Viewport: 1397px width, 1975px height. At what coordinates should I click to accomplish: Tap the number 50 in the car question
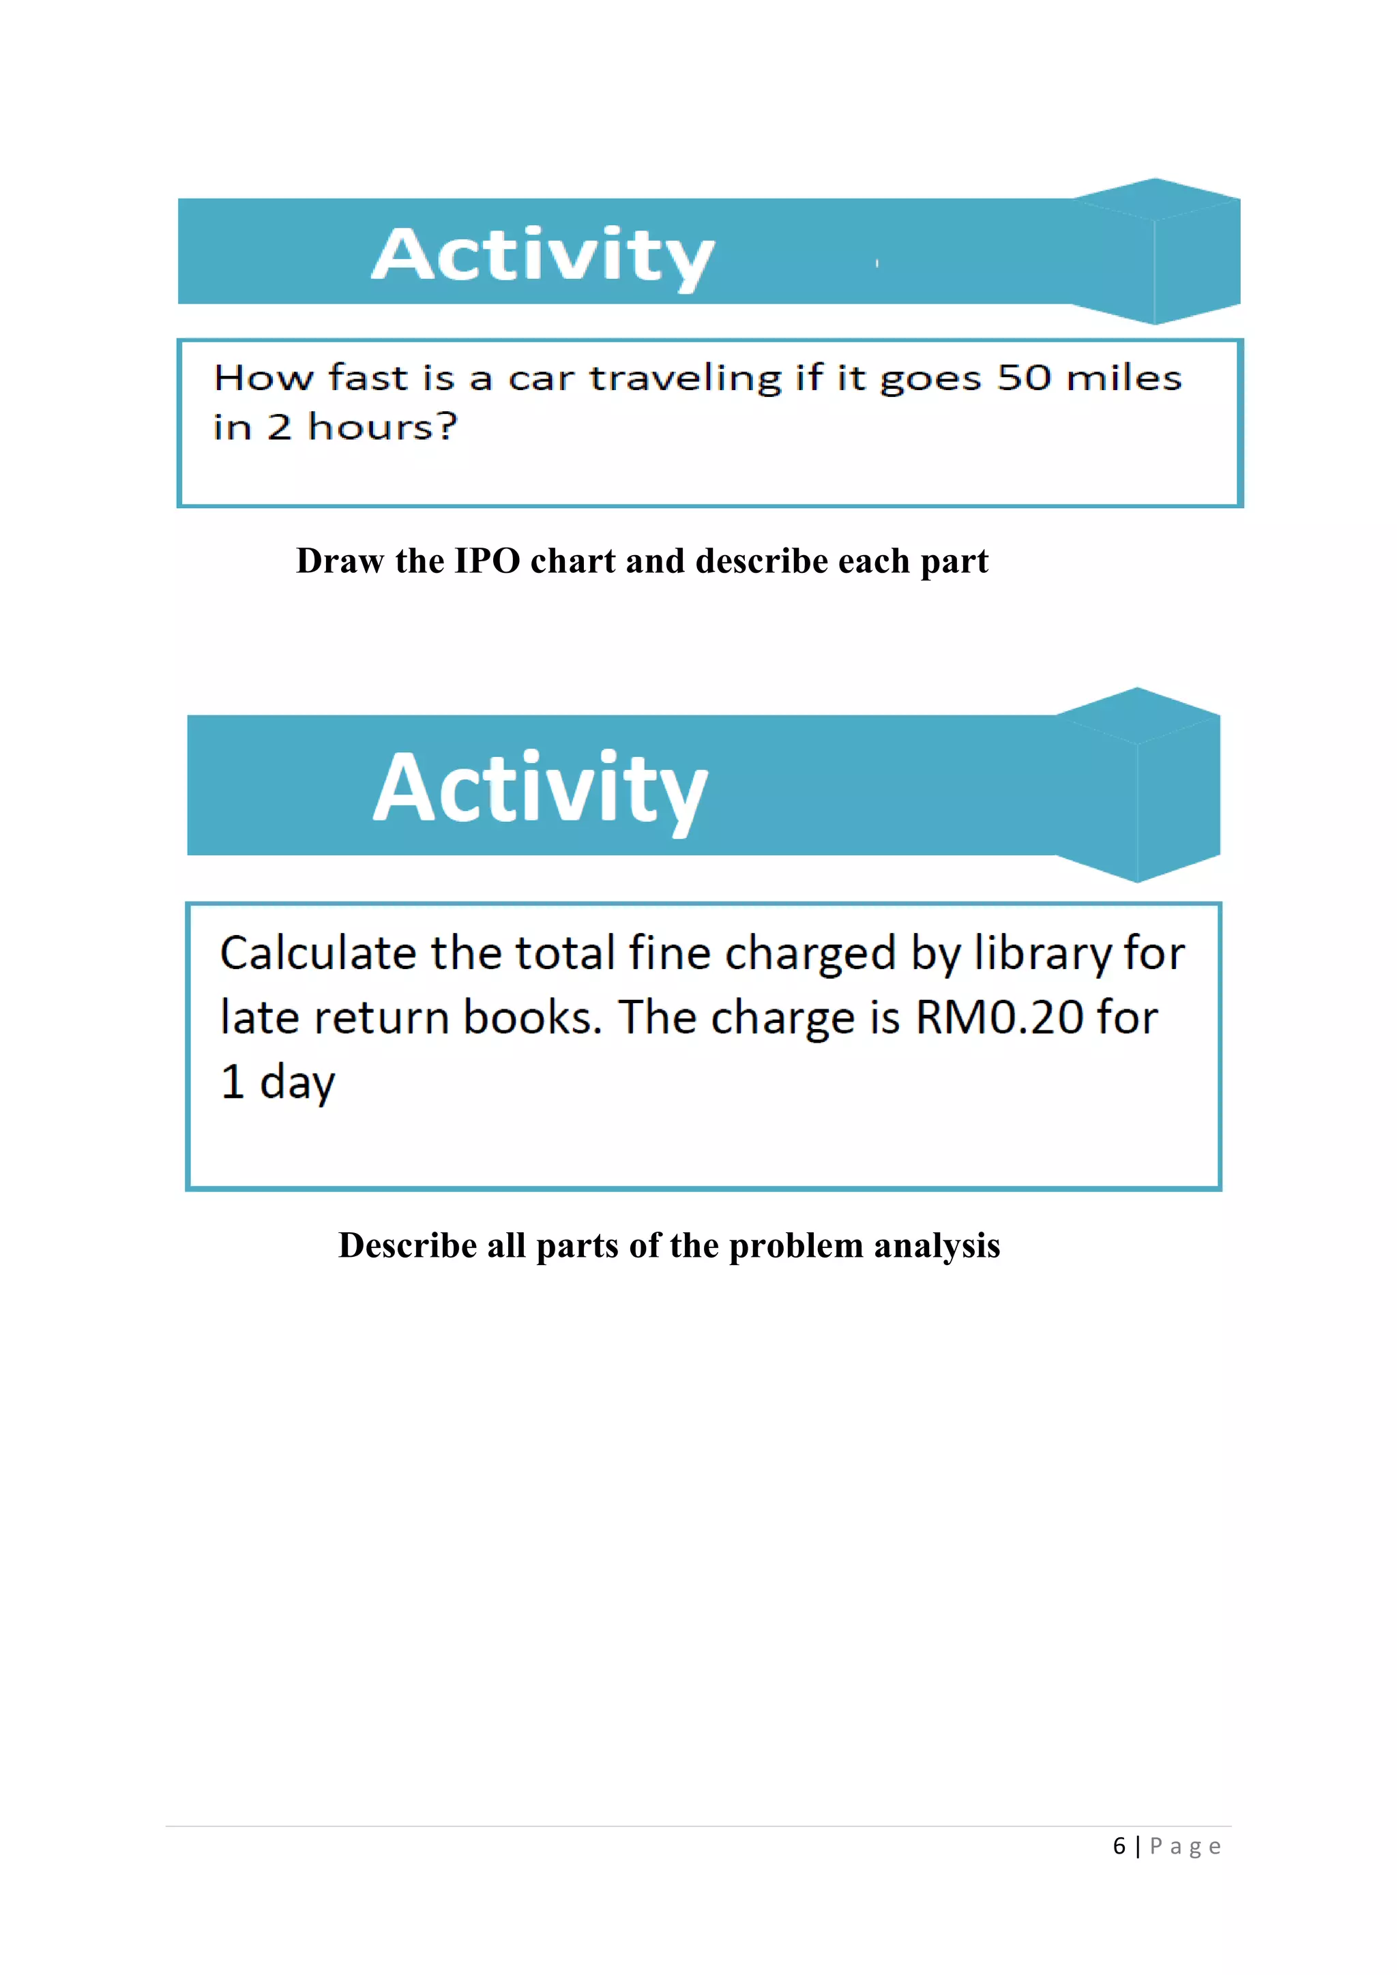click(x=1024, y=378)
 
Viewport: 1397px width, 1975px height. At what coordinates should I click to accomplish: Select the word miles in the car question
click(x=1123, y=378)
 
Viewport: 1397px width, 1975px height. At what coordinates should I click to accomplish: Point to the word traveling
click(x=685, y=379)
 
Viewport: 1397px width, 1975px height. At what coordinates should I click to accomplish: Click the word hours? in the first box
click(x=383, y=427)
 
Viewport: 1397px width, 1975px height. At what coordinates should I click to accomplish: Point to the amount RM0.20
click(x=999, y=1018)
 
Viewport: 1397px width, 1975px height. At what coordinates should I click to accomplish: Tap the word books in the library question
click(x=528, y=1018)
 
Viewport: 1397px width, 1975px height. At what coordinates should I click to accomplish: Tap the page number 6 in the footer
click(x=1119, y=1847)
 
